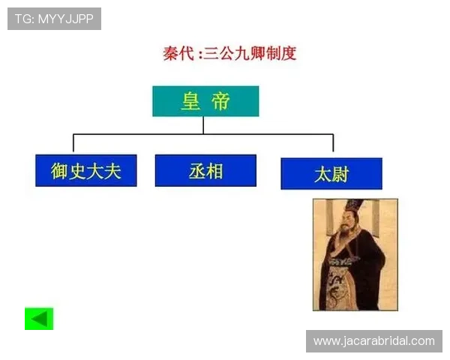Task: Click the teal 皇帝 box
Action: (x=205, y=101)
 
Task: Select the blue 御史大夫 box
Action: (x=85, y=171)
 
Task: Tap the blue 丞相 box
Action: (x=205, y=171)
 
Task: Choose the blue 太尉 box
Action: (x=331, y=174)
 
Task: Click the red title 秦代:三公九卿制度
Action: (x=229, y=53)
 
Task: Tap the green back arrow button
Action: (x=39, y=319)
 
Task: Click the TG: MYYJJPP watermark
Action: (x=54, y=19)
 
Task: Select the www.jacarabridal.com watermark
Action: (x=374, y=341)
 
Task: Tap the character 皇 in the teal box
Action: (x=190, y=101)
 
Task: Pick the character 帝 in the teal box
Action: (x=220, y=101)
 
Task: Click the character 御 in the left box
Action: (x=60, y=171)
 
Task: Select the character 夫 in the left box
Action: (x=112, y=171)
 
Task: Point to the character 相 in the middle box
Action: (x=215, y=171)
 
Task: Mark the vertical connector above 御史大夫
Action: (x=73, y=143)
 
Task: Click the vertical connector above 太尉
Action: (x=333, y=143)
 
